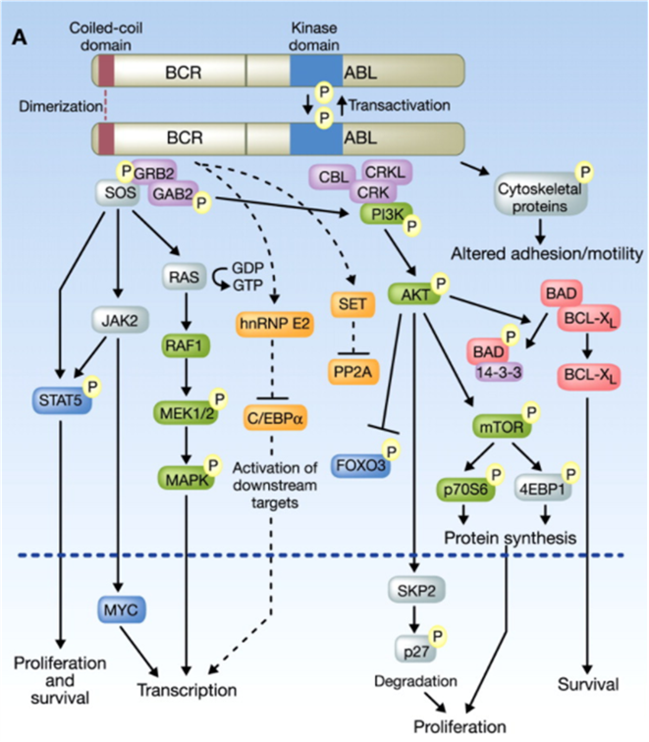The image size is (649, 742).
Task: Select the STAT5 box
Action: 60,399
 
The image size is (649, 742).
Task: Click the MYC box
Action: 122,609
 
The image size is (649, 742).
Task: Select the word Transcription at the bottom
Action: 188,689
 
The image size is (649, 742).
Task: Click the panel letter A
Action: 18,37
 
